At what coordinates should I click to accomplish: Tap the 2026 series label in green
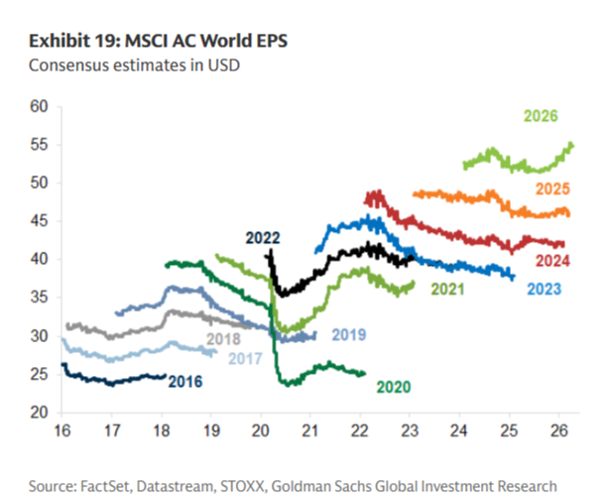click(x=541, y=117)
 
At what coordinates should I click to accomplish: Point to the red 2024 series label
click(x=550, y=261)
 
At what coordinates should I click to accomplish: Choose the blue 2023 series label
click(x=544, y=289)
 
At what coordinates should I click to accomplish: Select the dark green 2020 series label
click(x=393, y=386)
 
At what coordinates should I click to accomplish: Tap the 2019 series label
click(x=348, y=334)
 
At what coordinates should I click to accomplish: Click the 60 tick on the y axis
click(x=40, y=106)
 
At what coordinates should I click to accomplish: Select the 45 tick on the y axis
click(x=40, y=221)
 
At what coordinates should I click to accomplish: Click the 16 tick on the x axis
click(x=62, y=433)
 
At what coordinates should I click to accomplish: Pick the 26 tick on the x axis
click(x=558, y=433)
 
